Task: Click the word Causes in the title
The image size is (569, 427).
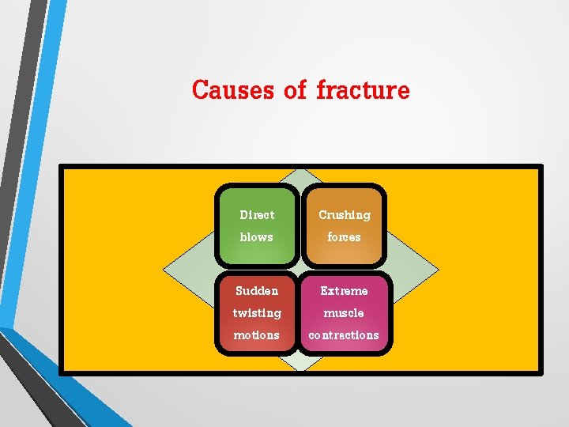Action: click(232, 90)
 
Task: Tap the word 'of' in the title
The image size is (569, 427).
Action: click(294, 90)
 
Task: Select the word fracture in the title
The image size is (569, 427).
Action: click(363, 90)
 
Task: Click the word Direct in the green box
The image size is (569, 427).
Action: click(257, 215)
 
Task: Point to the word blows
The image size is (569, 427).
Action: click(256, 237)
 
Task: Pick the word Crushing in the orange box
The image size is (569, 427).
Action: click(344, 215)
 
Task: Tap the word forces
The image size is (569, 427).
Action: click(344, 237)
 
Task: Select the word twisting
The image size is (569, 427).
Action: click(257, 313)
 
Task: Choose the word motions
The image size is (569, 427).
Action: click(257, 335)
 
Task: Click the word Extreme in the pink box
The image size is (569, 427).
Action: click(344, 291)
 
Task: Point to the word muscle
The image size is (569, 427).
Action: click(344, 313)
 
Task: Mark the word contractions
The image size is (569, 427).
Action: click(344, 335)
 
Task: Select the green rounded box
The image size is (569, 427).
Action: click(257, 225)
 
